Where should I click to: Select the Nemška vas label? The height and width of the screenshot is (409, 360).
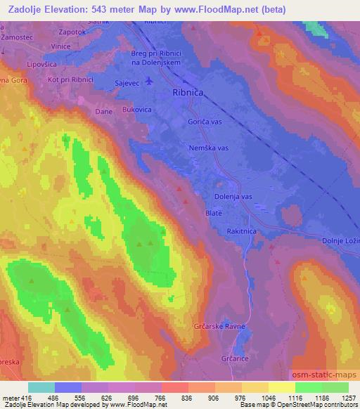pos(209,148)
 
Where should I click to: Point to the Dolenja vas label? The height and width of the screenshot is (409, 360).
pos(232,197)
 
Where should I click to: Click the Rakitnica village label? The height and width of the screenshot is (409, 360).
pos(243,231)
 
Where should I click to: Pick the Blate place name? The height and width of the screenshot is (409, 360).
pos(214,212)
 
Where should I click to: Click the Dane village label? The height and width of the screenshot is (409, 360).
pos(103,110)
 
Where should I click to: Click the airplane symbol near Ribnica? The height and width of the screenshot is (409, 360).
pos(148,82)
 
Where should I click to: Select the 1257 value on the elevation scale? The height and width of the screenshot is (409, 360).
pos(348,398)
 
